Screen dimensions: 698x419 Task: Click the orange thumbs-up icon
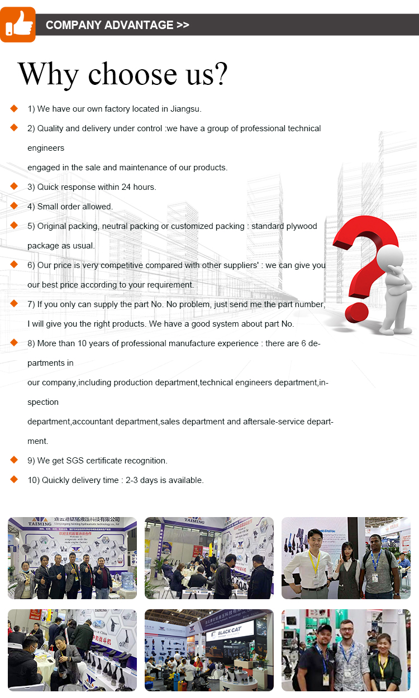(18, 25)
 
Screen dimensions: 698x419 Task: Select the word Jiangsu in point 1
(184, 109)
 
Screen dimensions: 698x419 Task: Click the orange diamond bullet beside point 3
(14, 186)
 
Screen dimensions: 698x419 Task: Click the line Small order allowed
(70, 207)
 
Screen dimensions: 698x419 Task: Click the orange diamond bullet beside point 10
(14, 479)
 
